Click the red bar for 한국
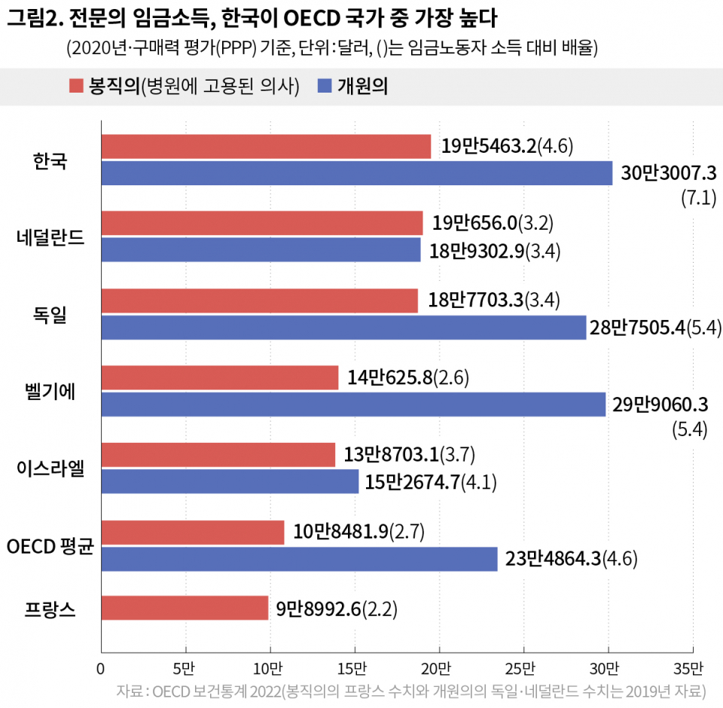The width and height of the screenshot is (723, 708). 266,147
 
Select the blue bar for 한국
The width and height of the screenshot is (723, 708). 357,173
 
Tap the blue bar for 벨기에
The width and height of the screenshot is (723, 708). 353,404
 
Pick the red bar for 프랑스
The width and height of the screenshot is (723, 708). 185,608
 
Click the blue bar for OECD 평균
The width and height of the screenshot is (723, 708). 299,559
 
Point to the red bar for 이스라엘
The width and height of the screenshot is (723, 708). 218,455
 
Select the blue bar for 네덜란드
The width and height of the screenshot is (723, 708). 261,249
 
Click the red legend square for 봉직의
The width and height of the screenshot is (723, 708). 75,87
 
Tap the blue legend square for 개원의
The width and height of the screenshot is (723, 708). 325,87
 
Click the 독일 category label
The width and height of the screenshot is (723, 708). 50,314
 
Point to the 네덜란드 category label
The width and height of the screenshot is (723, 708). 50,237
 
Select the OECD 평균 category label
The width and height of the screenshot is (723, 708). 49,545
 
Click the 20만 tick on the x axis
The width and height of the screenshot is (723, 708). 438,668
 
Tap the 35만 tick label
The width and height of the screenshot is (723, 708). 691,668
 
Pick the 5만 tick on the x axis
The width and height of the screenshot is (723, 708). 185,668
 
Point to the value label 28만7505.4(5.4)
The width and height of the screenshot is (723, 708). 656,328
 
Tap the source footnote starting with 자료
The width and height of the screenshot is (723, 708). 410,691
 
